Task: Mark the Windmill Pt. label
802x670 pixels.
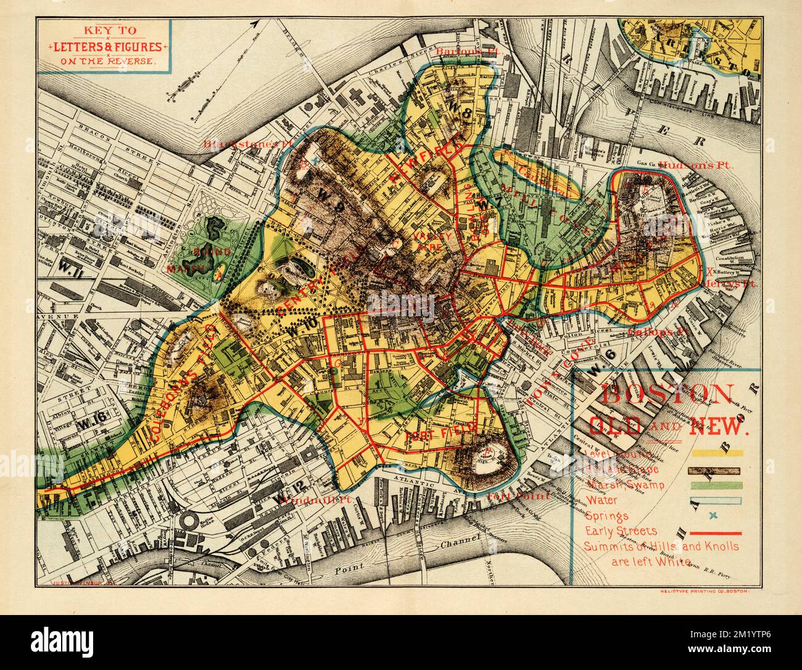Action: point(302,499)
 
